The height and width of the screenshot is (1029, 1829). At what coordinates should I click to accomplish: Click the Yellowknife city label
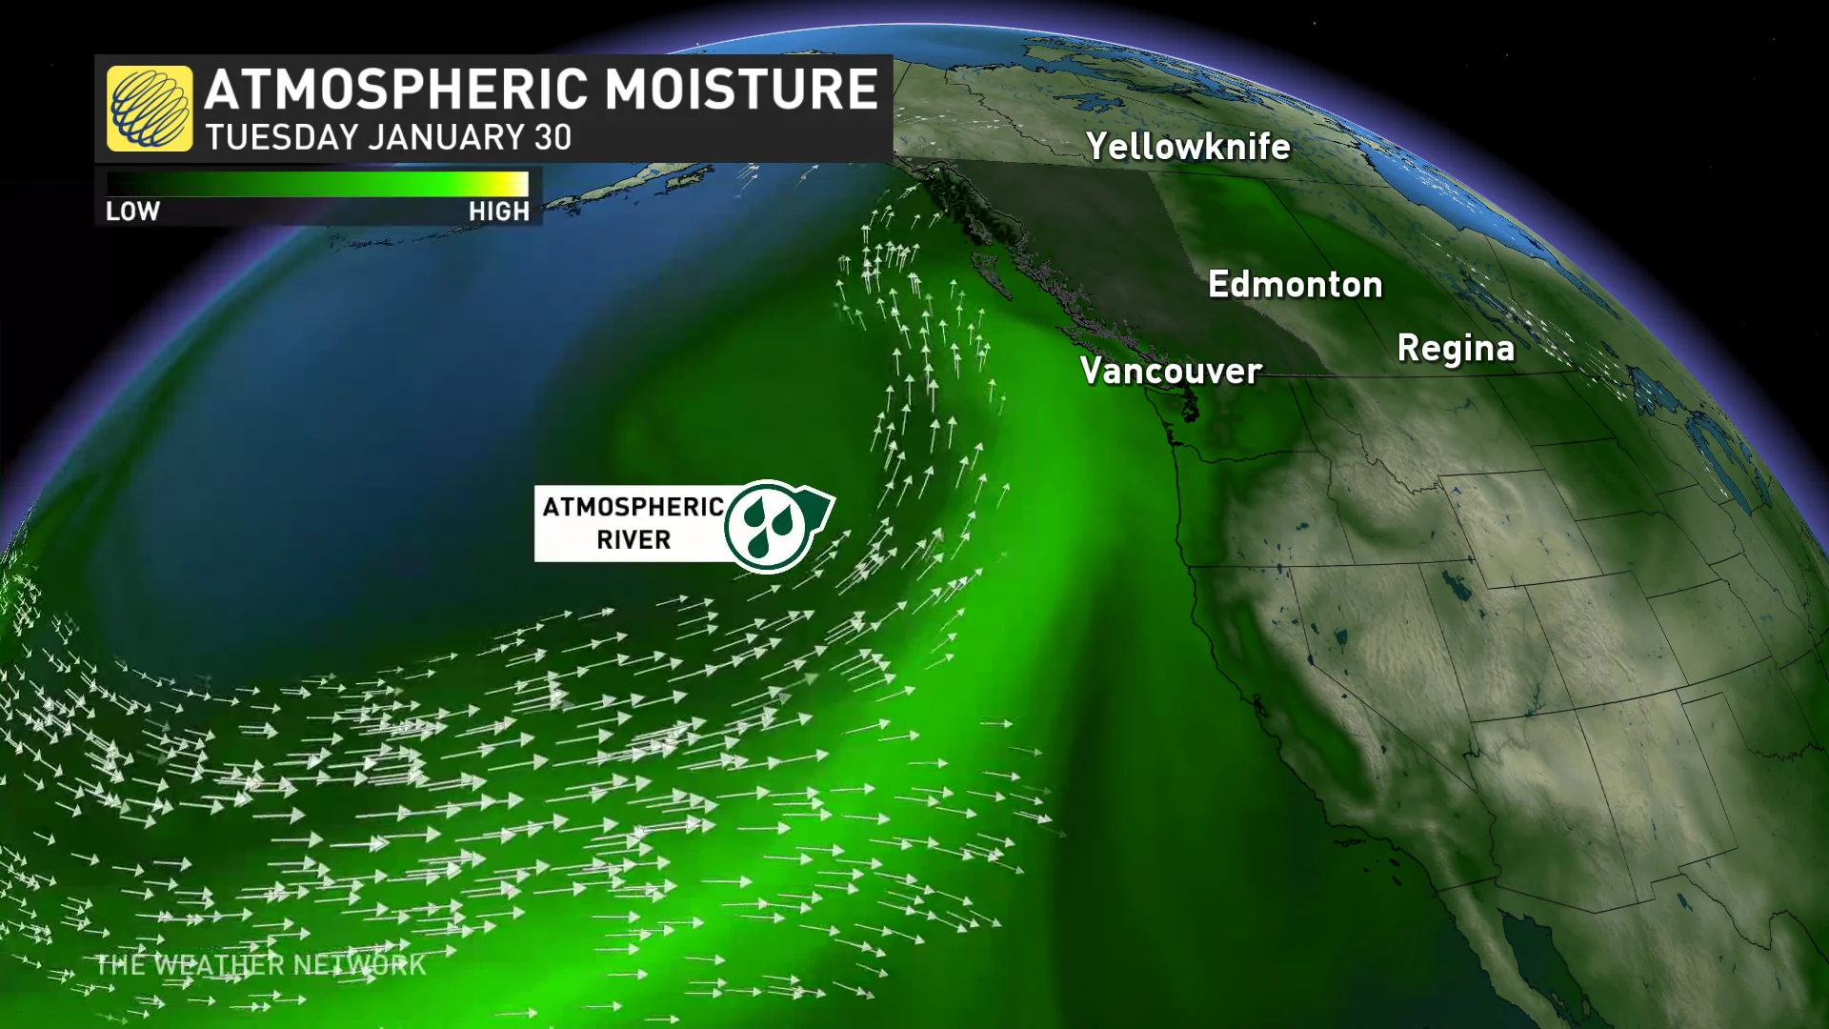click(1188, 147)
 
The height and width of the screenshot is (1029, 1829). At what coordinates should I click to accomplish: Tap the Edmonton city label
click(1295, 285)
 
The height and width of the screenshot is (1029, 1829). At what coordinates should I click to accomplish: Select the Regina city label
click(1456, 349)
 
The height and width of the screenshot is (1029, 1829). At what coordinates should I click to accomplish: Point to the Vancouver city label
click(1171, 371)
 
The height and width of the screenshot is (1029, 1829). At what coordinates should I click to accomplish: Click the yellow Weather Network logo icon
click(150, 109)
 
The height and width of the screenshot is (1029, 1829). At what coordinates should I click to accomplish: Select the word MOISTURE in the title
click(741, 90)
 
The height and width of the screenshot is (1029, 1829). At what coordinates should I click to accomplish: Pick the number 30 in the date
click(553, 138)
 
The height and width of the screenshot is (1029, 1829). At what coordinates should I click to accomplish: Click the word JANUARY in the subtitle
click(446, 138)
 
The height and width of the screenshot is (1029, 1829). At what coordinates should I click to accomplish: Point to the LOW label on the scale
click(132, 212)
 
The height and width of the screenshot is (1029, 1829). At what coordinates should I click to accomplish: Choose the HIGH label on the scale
click(498, 212)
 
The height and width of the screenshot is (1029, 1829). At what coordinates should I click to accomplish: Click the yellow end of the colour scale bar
click(520, 184)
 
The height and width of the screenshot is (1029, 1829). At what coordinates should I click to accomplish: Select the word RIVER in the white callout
click(633, 540)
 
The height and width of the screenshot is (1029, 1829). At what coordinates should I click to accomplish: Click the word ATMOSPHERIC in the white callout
click(633, 507)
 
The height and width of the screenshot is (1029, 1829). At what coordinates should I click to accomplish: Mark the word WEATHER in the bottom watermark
click(217, 965)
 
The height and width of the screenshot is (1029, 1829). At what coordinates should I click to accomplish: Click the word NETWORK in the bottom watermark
click(359, 965)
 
